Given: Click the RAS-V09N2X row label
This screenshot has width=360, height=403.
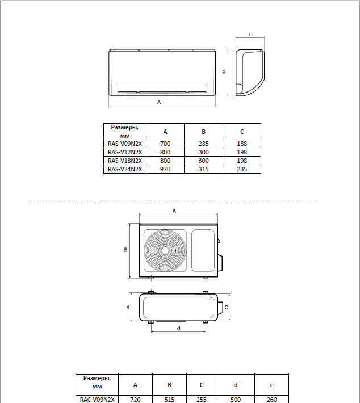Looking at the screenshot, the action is (125, 144).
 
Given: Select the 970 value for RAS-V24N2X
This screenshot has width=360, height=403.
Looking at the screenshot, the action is (165, 169).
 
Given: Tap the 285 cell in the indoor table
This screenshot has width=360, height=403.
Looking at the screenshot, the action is (203, 144).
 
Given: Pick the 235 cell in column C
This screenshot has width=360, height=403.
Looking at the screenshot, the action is (242, 169).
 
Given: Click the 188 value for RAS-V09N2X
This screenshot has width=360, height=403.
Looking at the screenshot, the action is (242, 144).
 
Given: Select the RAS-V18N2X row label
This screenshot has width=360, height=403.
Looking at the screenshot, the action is (125, 161).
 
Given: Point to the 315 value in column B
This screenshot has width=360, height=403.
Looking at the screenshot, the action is (203, 169).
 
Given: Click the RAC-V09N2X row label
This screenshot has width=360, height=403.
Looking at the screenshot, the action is (97, 400).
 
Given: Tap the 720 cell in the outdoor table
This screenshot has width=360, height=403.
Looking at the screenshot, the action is (135, 400).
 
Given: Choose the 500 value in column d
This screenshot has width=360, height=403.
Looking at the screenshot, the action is (235, 400).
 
